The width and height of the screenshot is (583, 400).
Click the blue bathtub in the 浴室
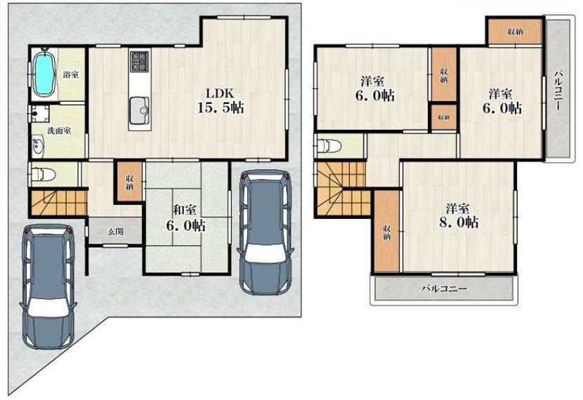(x=44, y=74)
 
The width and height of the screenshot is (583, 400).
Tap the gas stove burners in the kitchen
(x=140, y=62)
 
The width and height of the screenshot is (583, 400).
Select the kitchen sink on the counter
(x=140, y=110)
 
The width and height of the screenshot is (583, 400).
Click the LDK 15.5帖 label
(x=220, y=100)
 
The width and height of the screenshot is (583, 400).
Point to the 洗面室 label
(x=59, y=131)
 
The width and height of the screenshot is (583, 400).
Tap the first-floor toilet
(x=44, y=174)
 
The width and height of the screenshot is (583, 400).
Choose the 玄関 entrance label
(x=116, y=232)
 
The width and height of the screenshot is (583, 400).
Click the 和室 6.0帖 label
(x=185, y=218)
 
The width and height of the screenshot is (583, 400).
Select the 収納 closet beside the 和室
(x=129, y=182)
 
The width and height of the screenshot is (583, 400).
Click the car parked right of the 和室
(x=264, y=232)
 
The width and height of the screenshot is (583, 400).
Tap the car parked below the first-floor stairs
(x=48, y=287)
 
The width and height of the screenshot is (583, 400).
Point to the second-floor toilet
(x=329, y=146)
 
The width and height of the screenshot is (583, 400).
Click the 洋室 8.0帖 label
(x=459, y=215)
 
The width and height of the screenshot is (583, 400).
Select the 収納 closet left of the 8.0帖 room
(x=387, y=231)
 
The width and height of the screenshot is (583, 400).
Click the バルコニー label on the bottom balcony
(x=444, y=288)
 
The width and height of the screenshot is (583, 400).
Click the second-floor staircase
(x=341, y=189)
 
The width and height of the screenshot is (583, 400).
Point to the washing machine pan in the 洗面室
(x=40, y=114)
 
